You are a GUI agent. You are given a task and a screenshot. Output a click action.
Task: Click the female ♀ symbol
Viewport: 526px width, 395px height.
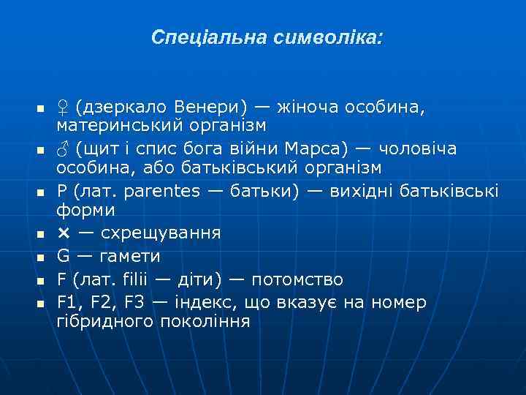pyautogui.click(x=63, y=108)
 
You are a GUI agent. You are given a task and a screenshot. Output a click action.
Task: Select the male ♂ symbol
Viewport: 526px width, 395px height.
pyautogui.click(x=63, y=149)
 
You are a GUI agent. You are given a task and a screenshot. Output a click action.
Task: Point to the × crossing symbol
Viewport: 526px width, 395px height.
pyautogui.click(x=64, y=234)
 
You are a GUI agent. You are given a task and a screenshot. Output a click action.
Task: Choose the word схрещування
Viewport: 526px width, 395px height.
pyautogui.click(x=160, y=234)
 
